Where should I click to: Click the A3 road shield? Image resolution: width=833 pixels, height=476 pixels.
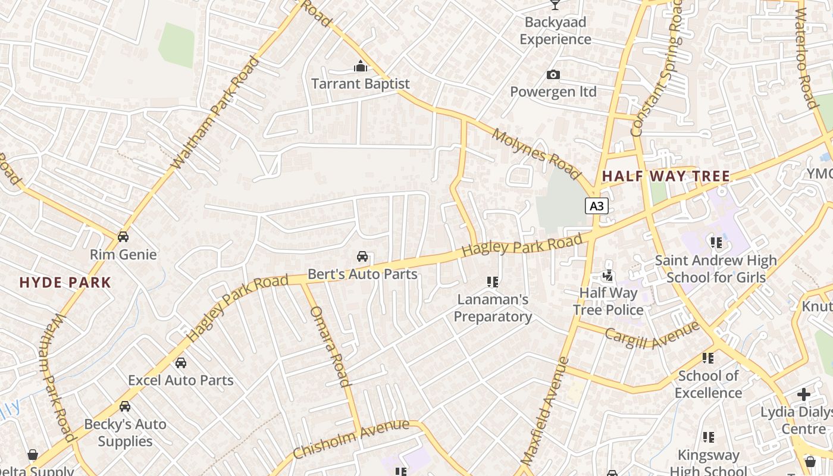(x=597, y=206)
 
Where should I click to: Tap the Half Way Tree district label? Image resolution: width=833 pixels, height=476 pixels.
(x=665, y=176)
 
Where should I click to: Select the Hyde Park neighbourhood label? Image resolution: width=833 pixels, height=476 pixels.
(x=65, y=283)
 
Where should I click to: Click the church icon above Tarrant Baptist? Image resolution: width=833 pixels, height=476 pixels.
(x=361, y=66)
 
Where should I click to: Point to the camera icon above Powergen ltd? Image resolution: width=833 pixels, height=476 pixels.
(x=553, y=74)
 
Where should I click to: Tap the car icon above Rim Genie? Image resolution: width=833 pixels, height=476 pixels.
(x=123, y=237)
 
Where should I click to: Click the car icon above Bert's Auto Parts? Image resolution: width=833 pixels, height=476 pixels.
(x=362, y=256)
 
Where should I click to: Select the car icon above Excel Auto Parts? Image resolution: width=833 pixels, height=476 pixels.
(x=181, y=362)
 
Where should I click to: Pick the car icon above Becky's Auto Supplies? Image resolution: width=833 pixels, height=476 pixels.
(x=125, y=406)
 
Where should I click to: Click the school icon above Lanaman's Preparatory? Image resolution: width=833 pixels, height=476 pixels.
(x=493, y=281)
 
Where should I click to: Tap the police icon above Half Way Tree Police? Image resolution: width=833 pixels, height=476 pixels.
(x=608, y=275)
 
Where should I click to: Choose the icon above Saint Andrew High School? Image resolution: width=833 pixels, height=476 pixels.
(x=716, y=242)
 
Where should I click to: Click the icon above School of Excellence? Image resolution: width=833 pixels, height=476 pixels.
(x=708, y=358)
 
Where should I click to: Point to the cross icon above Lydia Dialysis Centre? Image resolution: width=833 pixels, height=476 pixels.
(x=804, y=394)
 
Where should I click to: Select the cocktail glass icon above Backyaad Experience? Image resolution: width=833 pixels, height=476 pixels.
(x=555, y=5)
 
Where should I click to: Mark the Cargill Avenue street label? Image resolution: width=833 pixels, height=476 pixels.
(x=652, y=337)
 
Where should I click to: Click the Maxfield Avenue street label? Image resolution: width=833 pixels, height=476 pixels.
(x=546, y=411)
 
